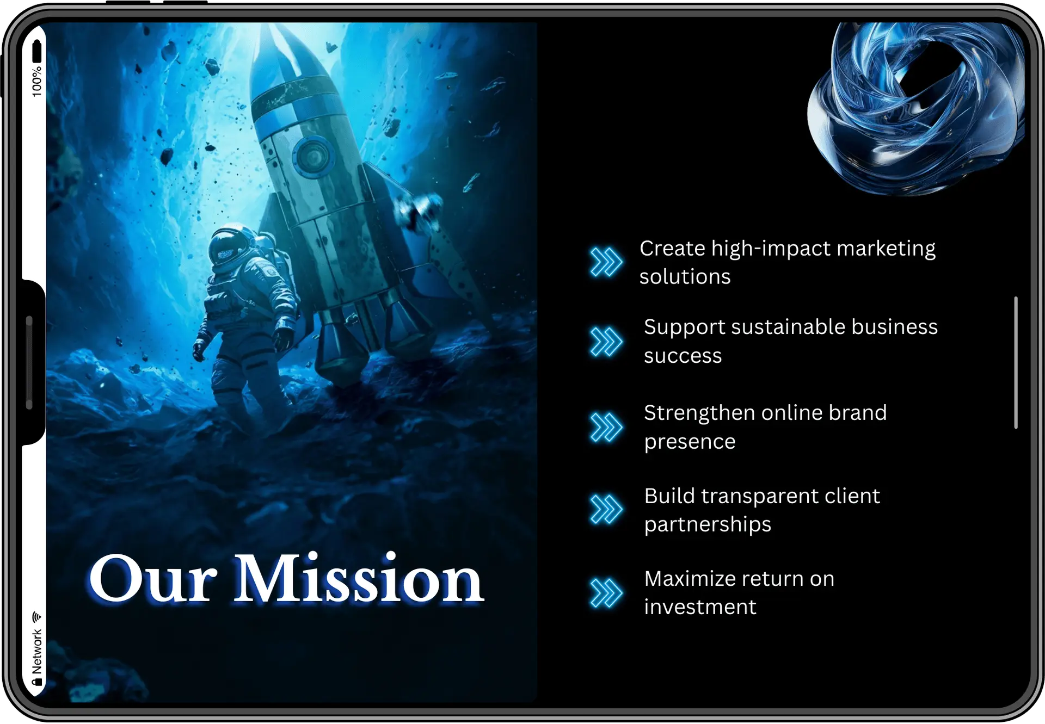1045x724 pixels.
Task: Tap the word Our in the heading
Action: pos(153,580)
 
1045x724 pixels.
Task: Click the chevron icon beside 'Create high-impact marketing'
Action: pos(606,262)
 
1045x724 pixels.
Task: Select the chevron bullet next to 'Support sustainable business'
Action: pos(606,342)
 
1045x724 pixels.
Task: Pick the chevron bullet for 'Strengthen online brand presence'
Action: pos(606,427)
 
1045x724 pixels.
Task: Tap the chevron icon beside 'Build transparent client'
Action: pos(606,510)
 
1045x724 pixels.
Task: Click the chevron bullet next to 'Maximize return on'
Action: pos(606,592)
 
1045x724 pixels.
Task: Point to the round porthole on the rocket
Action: pos(313,157)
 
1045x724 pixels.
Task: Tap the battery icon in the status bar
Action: pos(36,51)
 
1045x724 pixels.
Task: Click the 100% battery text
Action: pos(36,82)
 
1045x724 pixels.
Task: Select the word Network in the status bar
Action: pos(36,651)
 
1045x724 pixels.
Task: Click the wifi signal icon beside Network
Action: pos(36,617)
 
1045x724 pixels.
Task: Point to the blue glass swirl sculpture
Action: pos(914,109)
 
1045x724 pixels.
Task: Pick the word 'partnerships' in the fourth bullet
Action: pos(708,524)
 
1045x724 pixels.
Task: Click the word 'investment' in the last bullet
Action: pos(700,607)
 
